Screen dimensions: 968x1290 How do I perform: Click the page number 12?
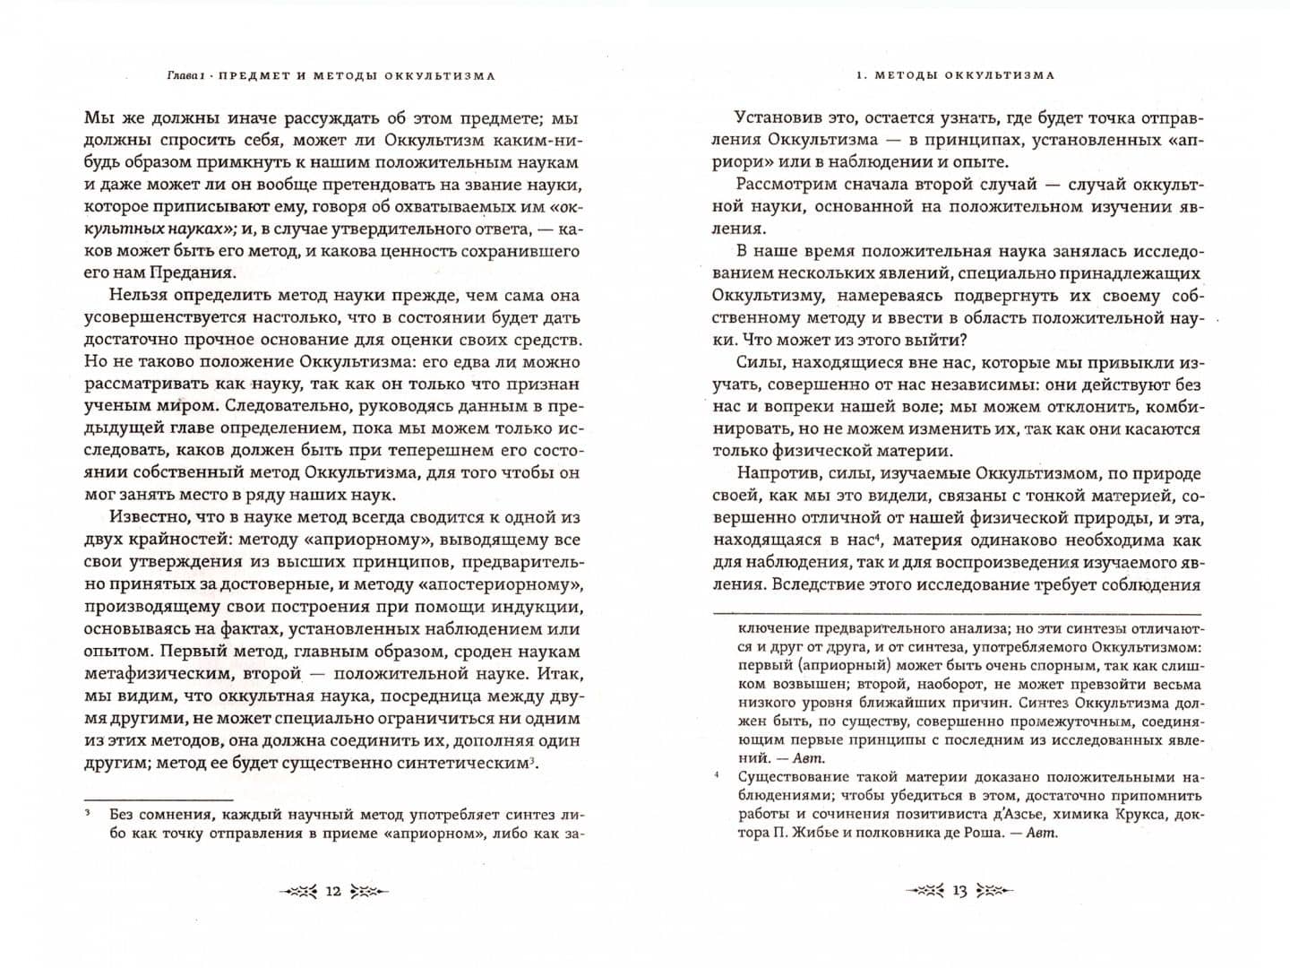click(x=332, y=891)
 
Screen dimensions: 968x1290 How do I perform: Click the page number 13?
click(x=959, y=891)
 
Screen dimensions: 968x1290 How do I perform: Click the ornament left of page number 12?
click(x=299, y=891)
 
